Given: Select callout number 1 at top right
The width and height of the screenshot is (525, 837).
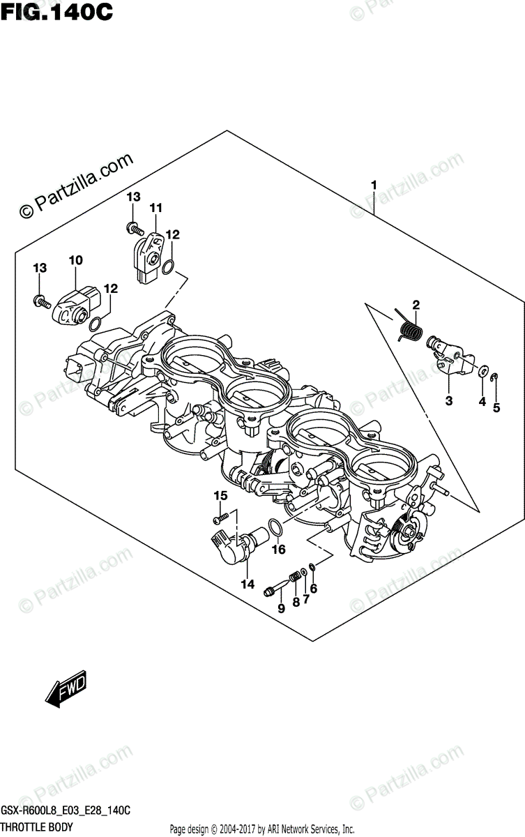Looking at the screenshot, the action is (374, 186).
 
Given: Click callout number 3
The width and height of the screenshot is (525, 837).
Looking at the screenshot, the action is (448, 400).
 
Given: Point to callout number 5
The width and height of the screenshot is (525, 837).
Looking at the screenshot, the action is (496, 408).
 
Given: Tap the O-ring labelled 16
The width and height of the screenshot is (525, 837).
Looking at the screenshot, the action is (275, 529).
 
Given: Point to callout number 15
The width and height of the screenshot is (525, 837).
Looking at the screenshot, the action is (220, 496).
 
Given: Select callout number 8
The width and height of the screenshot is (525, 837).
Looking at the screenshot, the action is (296, 601).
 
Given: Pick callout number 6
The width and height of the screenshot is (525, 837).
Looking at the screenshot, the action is (314, 589).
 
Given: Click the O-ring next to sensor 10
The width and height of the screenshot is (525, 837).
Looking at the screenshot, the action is (96, 322).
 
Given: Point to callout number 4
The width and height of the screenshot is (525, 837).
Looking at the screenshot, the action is (481, 401).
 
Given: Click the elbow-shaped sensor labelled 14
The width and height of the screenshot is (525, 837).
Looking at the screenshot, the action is (229, 543).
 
